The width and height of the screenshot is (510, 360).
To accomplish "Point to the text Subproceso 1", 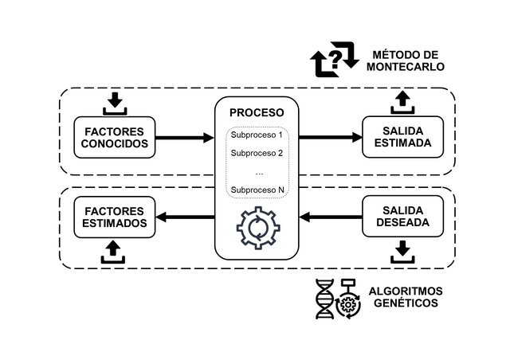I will click(256, 135).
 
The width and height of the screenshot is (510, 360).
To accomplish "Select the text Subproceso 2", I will click(256, 153).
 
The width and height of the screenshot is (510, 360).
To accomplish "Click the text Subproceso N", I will click(256, 190).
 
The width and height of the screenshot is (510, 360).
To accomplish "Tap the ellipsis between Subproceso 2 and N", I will click(256, 171).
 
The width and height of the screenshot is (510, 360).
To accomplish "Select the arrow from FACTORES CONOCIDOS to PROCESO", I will click(184, 137).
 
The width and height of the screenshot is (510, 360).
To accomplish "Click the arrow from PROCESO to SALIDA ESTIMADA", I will click(329, 137).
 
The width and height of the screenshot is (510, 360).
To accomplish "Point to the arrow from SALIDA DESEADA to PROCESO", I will click(329, 217).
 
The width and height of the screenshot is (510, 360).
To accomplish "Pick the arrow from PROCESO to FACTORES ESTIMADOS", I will click(184, 217).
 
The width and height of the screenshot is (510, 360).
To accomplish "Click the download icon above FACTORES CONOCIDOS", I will click(114, 102).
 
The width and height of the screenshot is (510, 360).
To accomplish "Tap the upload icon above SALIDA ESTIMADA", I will click(402, 102).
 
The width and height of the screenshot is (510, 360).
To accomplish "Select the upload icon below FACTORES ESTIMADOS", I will click(114, 251).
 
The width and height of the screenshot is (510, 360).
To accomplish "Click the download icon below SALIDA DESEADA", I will click(402, 251).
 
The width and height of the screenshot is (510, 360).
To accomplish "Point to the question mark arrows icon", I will click(335, 62).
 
